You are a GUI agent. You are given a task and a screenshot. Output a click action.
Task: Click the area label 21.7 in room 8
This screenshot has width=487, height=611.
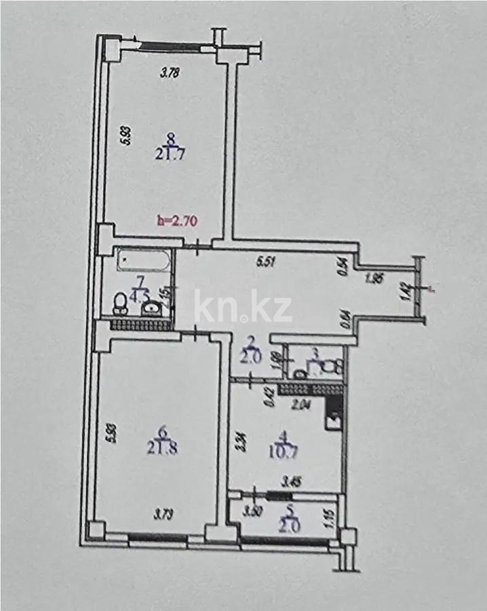171,154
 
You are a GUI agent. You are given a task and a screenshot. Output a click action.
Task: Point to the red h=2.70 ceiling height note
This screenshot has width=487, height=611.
177,220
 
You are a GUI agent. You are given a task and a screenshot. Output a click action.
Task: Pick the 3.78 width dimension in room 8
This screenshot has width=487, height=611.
169,75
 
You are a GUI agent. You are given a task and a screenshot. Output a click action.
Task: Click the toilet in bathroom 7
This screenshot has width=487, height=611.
118,301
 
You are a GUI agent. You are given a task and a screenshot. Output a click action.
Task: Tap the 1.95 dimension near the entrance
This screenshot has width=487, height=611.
375,278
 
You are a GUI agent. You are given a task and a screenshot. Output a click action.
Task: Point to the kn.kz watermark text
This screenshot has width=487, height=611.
243,308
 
